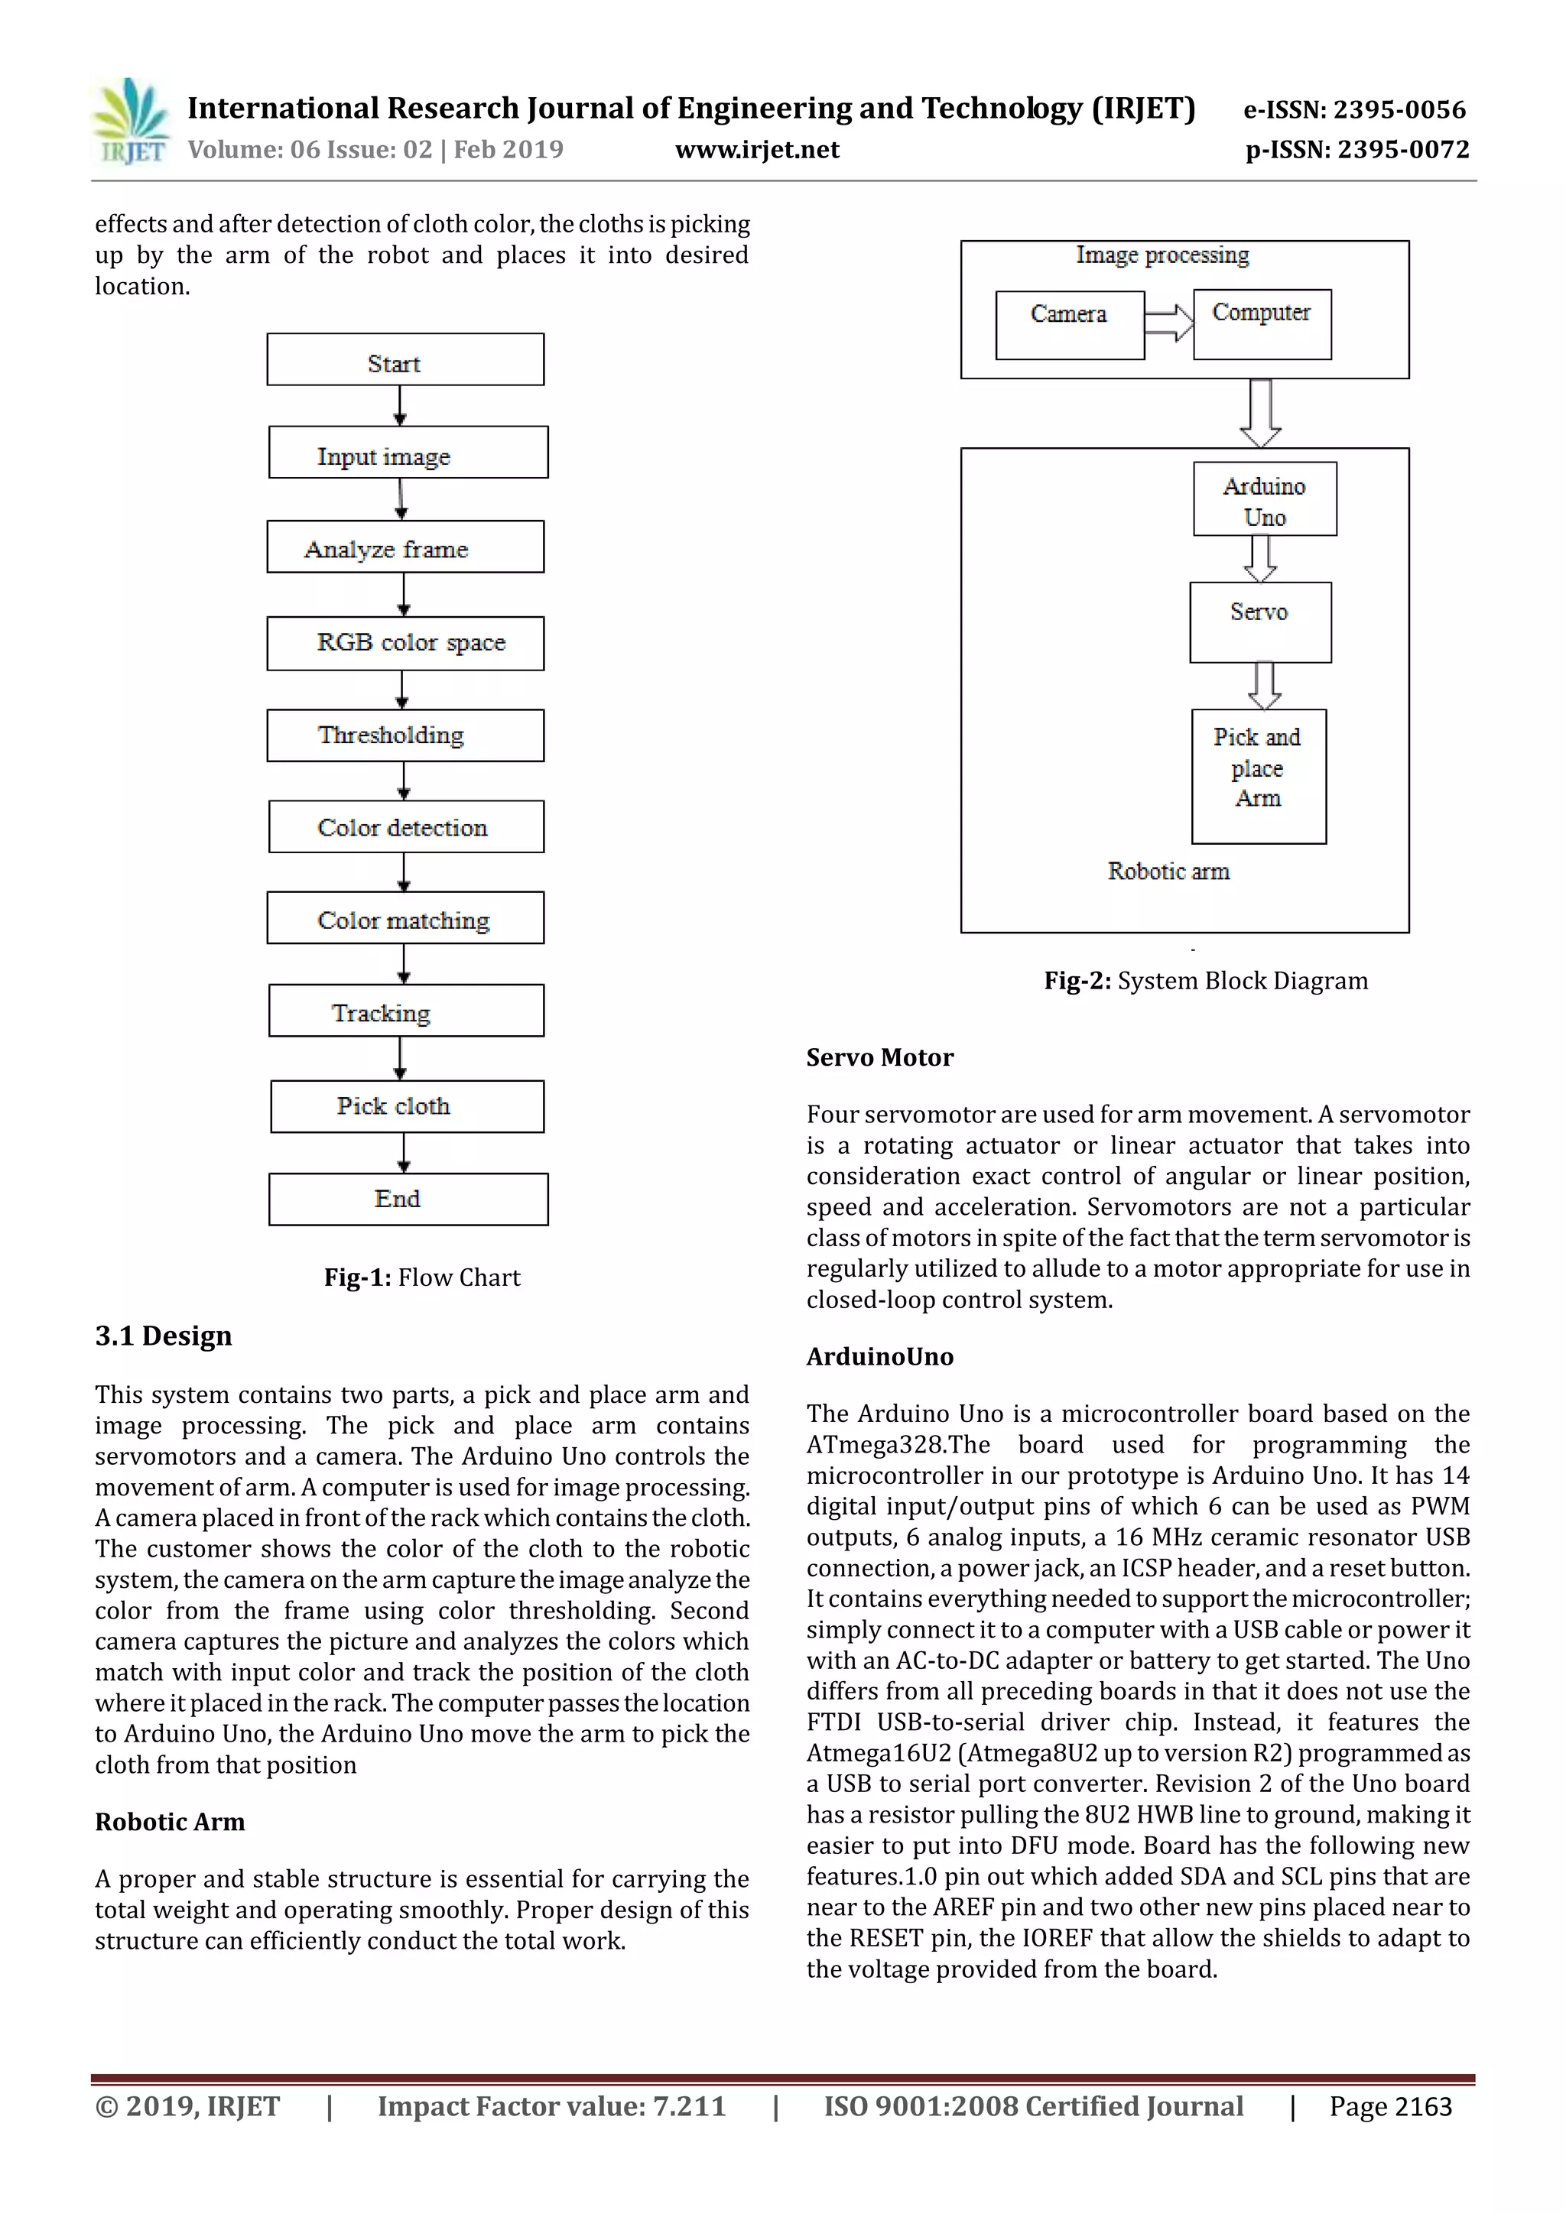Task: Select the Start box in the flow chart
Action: tap(405, 359)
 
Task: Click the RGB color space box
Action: tap(405, 643)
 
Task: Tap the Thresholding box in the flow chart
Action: tap(405, 735)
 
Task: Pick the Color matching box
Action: tap(405, 918)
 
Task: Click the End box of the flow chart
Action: tap(408, 1200)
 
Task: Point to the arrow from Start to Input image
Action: tap(400, 406)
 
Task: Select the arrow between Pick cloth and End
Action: tap(403, 1154)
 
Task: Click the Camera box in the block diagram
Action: tap(1070, 325)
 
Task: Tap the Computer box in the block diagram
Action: tap(1261, 324)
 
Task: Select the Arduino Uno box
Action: tap(1264, 499)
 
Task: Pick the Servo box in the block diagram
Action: tap(1260, 622)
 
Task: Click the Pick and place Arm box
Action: tap(1259, 776)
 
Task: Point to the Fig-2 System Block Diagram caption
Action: tap(1205, 981)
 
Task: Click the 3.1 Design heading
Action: tap(163, 1336)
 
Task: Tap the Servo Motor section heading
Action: tap(879, 1058)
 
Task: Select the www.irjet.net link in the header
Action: tap(757, 151)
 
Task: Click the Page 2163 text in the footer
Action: tap(1389, 2107)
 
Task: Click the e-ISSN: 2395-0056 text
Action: tap(1354, 110)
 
